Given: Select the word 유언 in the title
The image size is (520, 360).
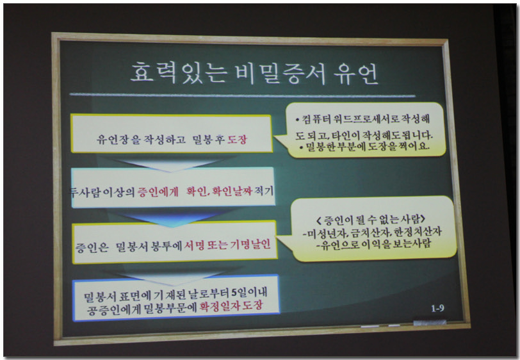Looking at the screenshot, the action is [x=355, y=74].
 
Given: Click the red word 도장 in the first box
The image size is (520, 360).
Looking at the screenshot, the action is [x=237, y=140].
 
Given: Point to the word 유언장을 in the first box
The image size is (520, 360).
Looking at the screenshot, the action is [x=118, y=140].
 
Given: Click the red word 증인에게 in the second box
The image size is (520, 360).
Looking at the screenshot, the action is [x=158, y=192].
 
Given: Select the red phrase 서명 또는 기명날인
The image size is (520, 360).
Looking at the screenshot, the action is [x=227, y=245].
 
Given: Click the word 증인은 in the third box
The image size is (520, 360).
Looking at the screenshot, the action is [x=92, y=247].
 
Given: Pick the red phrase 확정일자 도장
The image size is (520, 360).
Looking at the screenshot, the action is [x=231, y=306].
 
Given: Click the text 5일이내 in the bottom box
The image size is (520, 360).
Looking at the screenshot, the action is [x=249, y=293].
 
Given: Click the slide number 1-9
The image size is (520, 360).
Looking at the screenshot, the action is [x=437, y=309].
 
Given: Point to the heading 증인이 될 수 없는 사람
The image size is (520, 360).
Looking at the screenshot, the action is [x=371, y=219].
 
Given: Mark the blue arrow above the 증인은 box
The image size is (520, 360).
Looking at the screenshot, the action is [x=171, y=218].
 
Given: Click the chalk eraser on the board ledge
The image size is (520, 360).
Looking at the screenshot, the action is [x=430, y=322].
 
